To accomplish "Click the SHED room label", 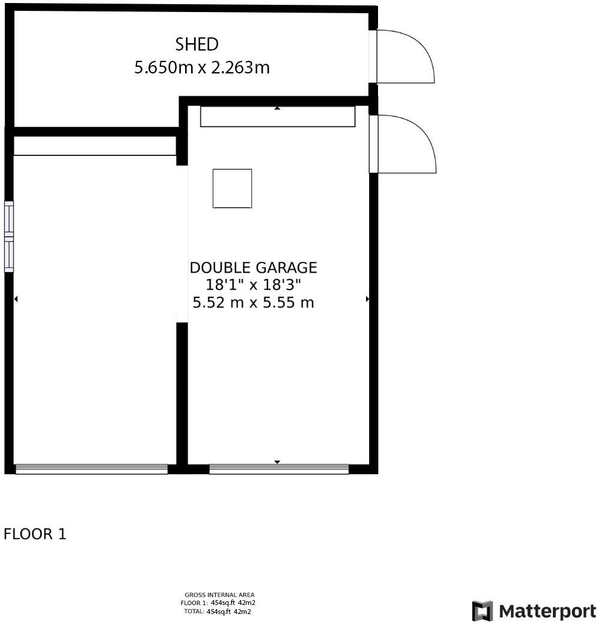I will (x=197, y=44).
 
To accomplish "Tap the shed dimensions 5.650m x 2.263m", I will (x=201, y=67).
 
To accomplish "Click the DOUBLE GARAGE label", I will (x=253, y=268).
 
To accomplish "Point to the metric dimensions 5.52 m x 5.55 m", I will (x=253, y=303).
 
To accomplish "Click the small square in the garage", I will (x=232, y=188).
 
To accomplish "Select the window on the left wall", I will (x=9, y=237).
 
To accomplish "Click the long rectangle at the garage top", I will (x=278, y=117).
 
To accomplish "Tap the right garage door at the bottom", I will (x=279, y=469).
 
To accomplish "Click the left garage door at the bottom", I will (x=91, y=469).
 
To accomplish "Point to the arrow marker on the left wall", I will (x=16, y=299).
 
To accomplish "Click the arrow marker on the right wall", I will (x=367, y=299).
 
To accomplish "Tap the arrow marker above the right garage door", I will (x=277, y=462).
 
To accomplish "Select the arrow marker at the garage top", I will (x=277, y=108).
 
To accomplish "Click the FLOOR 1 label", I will (x=35, y=534).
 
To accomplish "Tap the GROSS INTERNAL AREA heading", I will (x=219, y=595).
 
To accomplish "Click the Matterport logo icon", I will (x=482, y=612).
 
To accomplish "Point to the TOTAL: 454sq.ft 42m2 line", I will (x=217, y=612).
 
